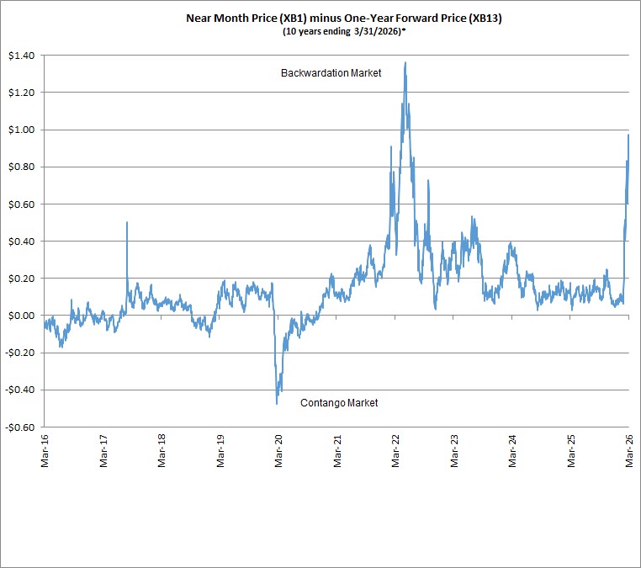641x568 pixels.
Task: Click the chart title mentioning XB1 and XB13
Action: tap(344, 19)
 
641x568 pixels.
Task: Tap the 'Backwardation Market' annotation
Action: tap(331, 73)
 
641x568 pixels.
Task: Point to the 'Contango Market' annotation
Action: tap(339, 403)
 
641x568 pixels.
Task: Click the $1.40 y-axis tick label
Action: tap(22, 56)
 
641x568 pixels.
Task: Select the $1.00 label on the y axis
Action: tap(22, 130)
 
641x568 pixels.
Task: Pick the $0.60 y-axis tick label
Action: tap(22, 204)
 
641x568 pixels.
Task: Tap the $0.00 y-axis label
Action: tap(22, 316)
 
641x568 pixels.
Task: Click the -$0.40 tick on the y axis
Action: tap(20, 390)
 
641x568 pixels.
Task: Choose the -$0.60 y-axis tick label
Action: tap(20, 427)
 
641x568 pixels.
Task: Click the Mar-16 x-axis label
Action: tap(45, 451)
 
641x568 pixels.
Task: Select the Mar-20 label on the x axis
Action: tap(278, 451)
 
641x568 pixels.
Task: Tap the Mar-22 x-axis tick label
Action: tap(395, 451)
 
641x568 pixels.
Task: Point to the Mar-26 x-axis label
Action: tap(629, 451)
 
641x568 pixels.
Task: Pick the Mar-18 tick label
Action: tap(162, 451)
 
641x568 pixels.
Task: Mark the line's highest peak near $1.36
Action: tap(405, 62)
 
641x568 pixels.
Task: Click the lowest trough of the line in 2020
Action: tap(277, 404)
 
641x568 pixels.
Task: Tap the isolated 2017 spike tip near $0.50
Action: tap(127, 222)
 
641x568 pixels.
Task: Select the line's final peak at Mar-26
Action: tap(628, 135)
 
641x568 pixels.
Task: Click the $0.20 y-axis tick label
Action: tap(22, 279)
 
